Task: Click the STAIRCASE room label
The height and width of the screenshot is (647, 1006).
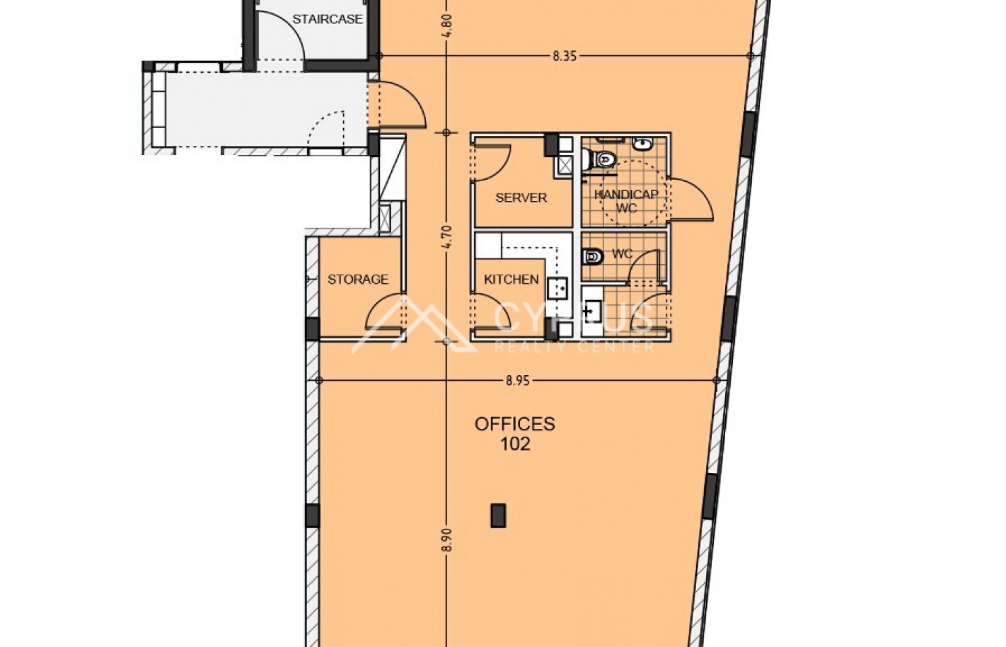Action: click(x=328, y=19)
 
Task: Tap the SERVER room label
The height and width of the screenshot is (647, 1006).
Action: click(x=521, y=197)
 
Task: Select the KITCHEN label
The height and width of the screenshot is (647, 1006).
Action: click(x=511, y=280)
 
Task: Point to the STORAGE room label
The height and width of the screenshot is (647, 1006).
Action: click(x=358, y=280)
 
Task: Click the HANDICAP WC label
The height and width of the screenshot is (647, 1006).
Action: click(x=627, y=201)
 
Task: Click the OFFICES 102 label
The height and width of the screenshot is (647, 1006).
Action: click(x=515, y=434)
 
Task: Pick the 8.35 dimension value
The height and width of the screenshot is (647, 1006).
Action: click(x=565, y=56)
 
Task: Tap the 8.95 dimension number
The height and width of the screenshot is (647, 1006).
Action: click(x=518, y=381)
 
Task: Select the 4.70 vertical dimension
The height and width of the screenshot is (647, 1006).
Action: click(x=446, y=236)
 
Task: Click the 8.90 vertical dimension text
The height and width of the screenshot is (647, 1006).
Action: click(x=446, y=539)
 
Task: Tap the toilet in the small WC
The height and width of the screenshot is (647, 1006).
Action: click(x=592, y=256)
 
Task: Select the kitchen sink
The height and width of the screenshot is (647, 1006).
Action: click(x=557, y=288)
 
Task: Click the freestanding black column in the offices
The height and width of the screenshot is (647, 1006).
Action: click(x=498, y=515)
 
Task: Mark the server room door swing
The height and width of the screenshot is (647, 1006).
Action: click(x=491, y=161)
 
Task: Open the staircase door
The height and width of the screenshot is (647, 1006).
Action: click(x=280, y=35)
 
